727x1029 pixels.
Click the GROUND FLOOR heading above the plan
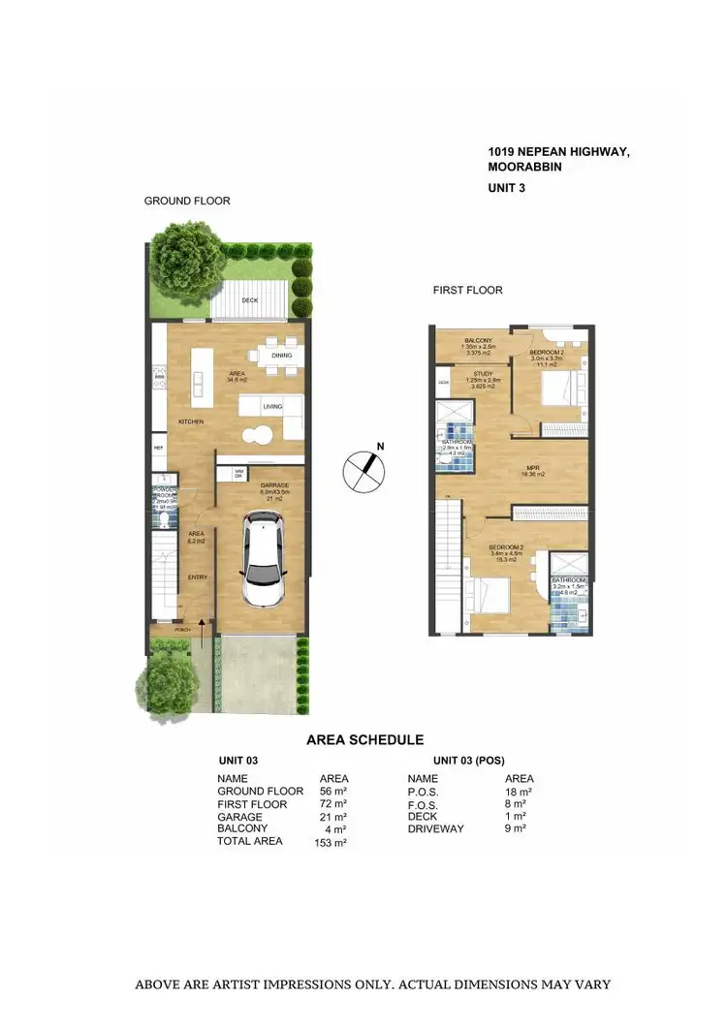click(x=187, y=201)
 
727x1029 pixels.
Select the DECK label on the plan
click(x=250, y=301)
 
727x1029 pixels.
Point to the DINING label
click(x=281, y=356)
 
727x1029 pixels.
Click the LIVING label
click(x=272, y=408)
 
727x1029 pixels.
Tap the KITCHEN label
click(x=190, y=421)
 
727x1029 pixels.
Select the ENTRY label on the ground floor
click(x=197, y=577)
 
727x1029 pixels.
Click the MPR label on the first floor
click(x=532, y=466)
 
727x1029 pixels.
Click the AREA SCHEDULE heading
click(x=364, y=739)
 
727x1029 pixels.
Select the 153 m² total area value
click(x=331, y=843)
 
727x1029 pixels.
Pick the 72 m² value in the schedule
click(x=332, y=804)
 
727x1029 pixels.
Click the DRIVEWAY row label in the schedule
click(x=436, y=829)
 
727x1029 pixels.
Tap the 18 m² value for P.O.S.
click(x=518, y=792)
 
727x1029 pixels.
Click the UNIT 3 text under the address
click(x=506, y=189)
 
